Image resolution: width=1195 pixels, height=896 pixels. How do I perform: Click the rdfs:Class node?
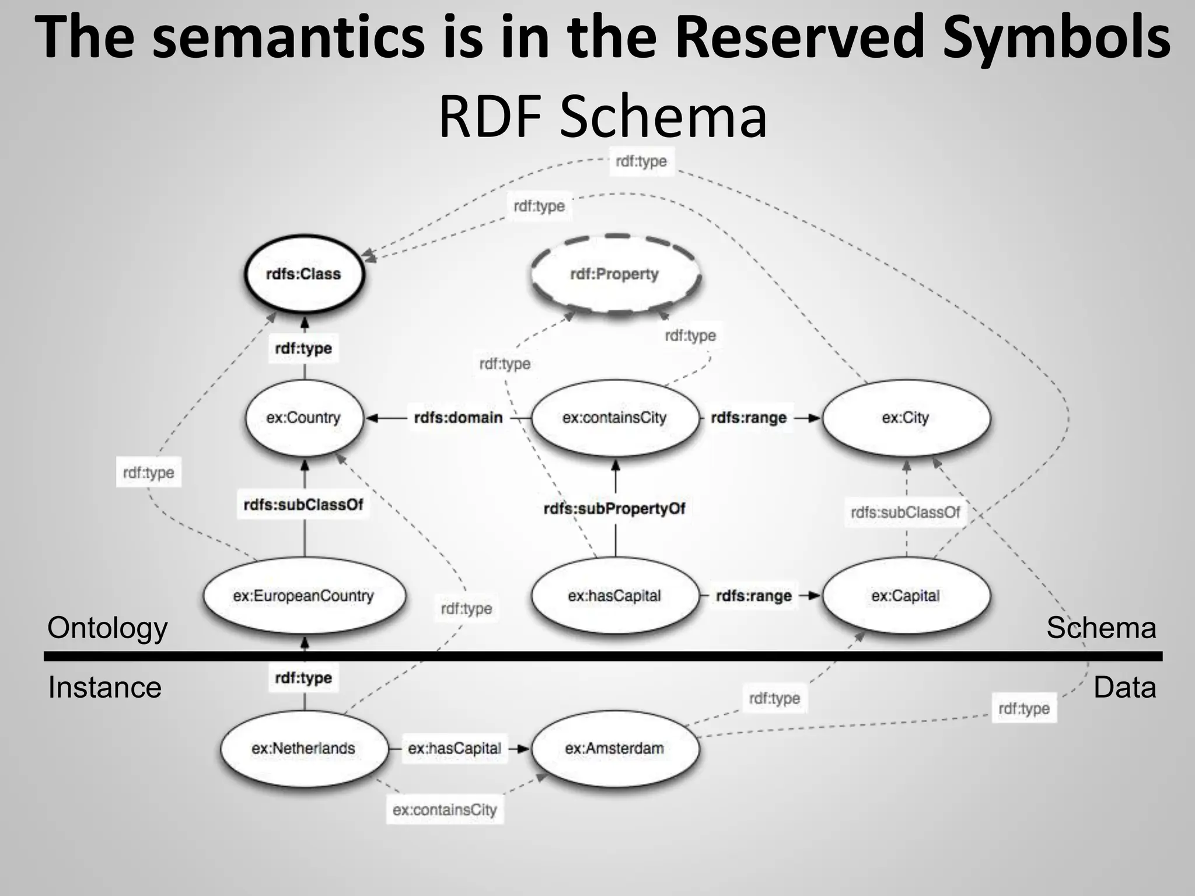pos(303,274)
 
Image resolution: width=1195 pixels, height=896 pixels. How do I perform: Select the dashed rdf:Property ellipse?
pos(615,274)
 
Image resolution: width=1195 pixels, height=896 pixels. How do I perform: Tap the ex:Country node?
pos(303,418)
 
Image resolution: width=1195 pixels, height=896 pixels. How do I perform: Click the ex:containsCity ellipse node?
pos(615,418)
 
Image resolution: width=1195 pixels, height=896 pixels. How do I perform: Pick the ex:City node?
pos(906,418)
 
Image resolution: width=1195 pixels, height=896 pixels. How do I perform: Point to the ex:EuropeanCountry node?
pos(303,596)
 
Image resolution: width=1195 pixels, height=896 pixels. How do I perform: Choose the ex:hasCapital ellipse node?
pos(615,596)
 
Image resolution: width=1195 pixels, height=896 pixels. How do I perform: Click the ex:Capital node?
pos(906,596)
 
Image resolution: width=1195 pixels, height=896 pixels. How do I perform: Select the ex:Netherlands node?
pos(303,748)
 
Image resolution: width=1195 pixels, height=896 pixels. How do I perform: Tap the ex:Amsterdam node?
pos(615,748)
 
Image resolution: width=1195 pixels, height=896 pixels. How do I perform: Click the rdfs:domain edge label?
pos(458,418)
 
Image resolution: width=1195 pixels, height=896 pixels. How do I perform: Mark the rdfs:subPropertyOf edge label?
pos(614,509)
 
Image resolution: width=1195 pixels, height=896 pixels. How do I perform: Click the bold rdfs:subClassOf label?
pos(303,505)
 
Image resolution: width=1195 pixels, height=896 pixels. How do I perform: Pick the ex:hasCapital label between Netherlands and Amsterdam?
pos(454,748)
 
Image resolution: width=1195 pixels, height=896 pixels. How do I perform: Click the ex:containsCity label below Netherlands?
pos(445,810)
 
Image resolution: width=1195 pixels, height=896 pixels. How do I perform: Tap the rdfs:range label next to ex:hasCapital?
pos(753,596)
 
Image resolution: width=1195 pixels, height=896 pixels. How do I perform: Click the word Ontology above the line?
pos(107,628)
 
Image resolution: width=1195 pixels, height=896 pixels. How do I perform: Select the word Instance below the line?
pos(104,687)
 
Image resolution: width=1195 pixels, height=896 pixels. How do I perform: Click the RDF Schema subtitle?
pos(603,117)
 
